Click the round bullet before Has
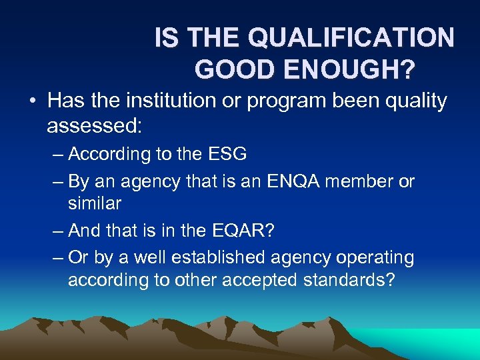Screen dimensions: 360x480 [33, 102]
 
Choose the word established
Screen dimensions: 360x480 [212, 257]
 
